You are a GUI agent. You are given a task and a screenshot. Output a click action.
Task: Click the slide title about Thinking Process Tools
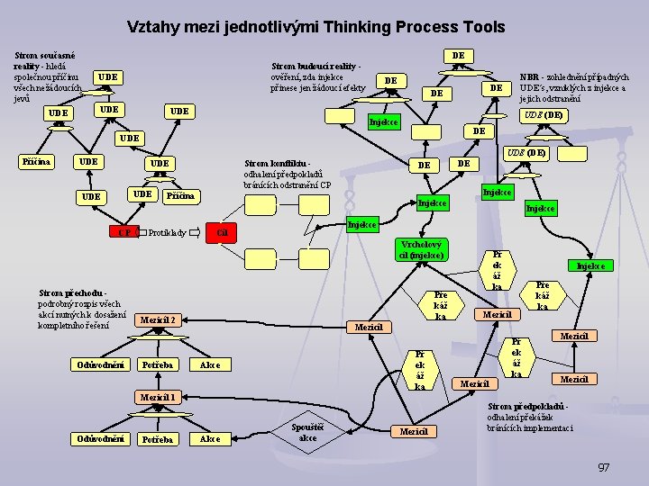tap(315, 27)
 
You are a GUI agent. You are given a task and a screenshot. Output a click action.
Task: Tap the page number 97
tap(604, 467)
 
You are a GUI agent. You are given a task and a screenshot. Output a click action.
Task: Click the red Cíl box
tap(223, 233)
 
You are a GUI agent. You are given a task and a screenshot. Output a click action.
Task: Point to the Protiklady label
tap(167, 233)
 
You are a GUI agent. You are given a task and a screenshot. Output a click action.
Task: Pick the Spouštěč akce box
tap(307, 432)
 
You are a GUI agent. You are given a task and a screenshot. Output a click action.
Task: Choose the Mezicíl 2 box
tap(158, 319)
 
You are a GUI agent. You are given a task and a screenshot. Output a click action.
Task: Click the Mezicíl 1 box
tap(157, 397)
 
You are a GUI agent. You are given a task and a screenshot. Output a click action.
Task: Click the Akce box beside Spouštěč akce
tap(210, 439)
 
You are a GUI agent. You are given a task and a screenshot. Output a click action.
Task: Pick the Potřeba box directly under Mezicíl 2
tap(158, 364)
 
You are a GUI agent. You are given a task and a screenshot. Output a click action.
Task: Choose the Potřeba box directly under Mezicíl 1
tap(158, 439)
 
